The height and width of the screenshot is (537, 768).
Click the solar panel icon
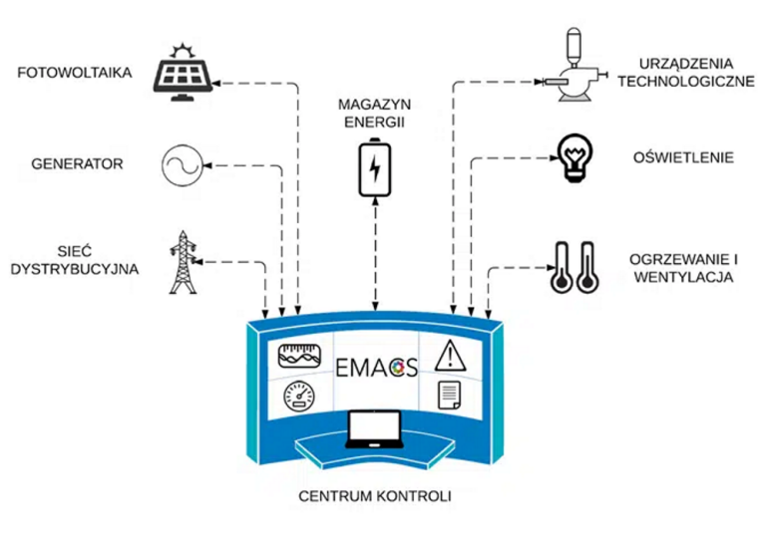point(184,74)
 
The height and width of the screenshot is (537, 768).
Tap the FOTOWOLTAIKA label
point(75,73)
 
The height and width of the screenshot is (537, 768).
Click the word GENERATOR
point(77,163)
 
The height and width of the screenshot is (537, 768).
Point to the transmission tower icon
point(182,262)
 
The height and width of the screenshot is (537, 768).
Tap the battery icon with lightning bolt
point(375,169)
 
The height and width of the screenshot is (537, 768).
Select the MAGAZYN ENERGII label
point(375,114)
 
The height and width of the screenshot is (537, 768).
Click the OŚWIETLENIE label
point(683,157)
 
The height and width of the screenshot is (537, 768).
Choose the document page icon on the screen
point(448,396)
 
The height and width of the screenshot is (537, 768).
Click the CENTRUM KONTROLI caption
point(374,495)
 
